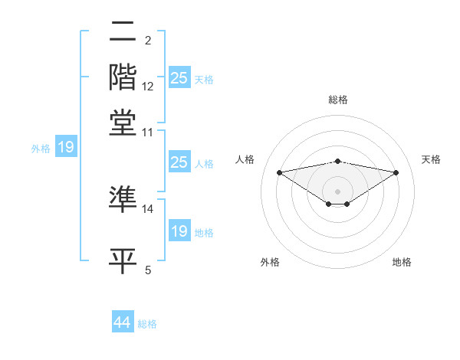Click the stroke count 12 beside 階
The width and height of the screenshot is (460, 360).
[x=148, y=87]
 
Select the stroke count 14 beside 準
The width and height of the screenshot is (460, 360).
[x=148, y=208]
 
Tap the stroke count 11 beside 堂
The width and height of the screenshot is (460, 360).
[x=148, y=132]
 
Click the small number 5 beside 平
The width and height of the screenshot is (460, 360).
[x=148, y=270]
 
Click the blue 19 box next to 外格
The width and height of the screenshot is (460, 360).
[x=66, y=147]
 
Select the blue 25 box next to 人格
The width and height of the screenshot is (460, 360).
[x=179, y=162]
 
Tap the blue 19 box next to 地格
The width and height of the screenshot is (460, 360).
[x=179, y=231]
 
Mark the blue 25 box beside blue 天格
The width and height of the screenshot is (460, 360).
[x=179, y=78]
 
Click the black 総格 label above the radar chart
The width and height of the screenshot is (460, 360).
[x=337, y=100]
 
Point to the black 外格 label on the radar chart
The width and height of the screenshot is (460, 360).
[x=270, y=262]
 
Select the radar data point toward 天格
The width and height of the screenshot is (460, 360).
[x=396, y=172]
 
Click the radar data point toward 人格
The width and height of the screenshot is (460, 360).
[x=279, y=172]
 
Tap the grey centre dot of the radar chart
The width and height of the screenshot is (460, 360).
[x=337, y=191]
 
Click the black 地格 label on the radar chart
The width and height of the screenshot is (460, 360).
[x=402, y=262]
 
